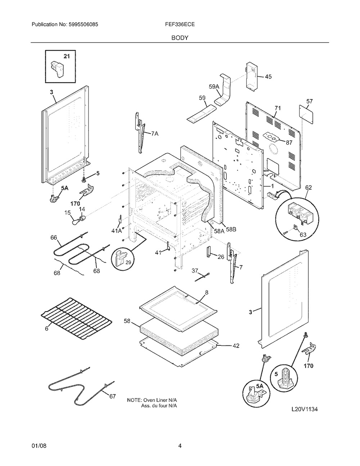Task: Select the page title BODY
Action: [180, 37]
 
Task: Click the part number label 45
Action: [268, 77]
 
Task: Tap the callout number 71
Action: [277, 108]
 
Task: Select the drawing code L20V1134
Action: [305, 409]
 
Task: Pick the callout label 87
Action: [289, 142]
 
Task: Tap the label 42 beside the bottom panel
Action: [235, 346]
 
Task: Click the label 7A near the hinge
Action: [154, 133]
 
